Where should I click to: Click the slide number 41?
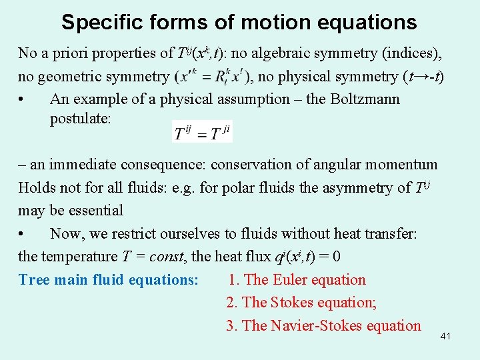pyautogui.click(x=445, y=336)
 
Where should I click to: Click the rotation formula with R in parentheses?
pyautogui.click(x=213, y=77)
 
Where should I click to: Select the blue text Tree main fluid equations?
pyautogui.click(x=109, y=280)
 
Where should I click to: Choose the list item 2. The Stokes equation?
pyautogui.click(x=301, y=303)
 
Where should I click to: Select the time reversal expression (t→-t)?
pyautogui.click(x=424, y=77)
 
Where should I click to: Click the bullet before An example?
pyautogui.click(x=23, y=100)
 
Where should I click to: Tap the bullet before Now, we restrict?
pyautogui.click(x=23, y=234)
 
